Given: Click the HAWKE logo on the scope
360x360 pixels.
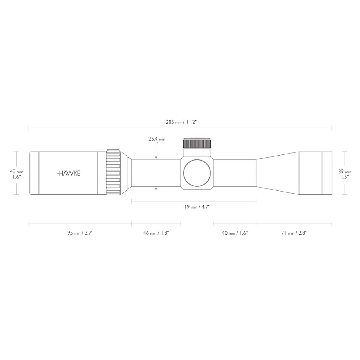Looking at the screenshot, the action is (x=69, y=173).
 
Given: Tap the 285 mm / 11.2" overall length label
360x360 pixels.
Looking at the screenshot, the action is (x=181, y=122).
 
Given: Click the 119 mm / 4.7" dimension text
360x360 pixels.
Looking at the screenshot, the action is (x=196, y=207).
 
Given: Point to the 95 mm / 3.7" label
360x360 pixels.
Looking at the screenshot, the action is (x=80, y=233).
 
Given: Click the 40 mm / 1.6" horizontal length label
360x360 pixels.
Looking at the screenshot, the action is (x=235, y=233).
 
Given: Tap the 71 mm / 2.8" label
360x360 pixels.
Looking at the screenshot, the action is (x=294, y=233).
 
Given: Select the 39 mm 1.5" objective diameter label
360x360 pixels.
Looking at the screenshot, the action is (x=345, y=174).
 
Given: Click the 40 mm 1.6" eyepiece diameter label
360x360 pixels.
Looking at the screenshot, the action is (x=16, y=174).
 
